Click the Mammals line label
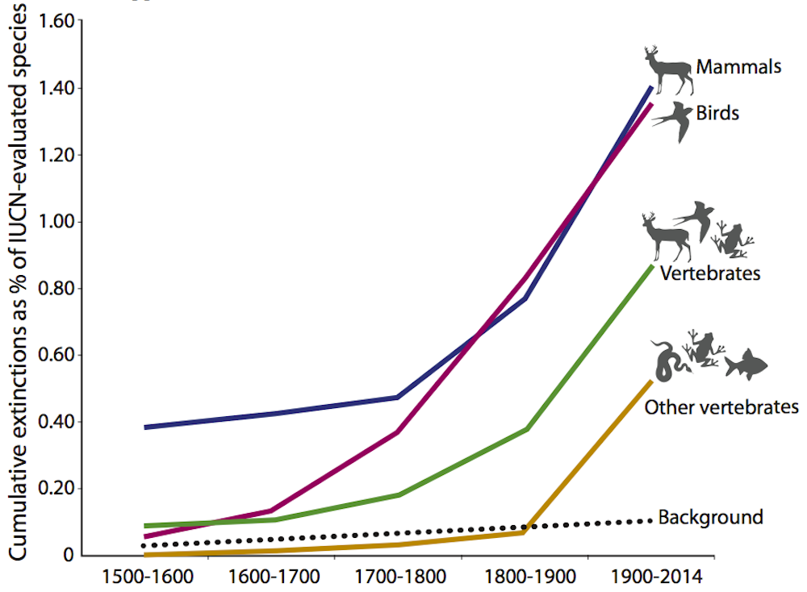(738, 67)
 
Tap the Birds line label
(717, 113)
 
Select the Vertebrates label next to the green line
(709, 273)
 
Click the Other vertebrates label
(721, 406)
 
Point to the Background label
(710, 517)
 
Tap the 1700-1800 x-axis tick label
(399, 577)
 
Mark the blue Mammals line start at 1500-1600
(146, 427)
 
